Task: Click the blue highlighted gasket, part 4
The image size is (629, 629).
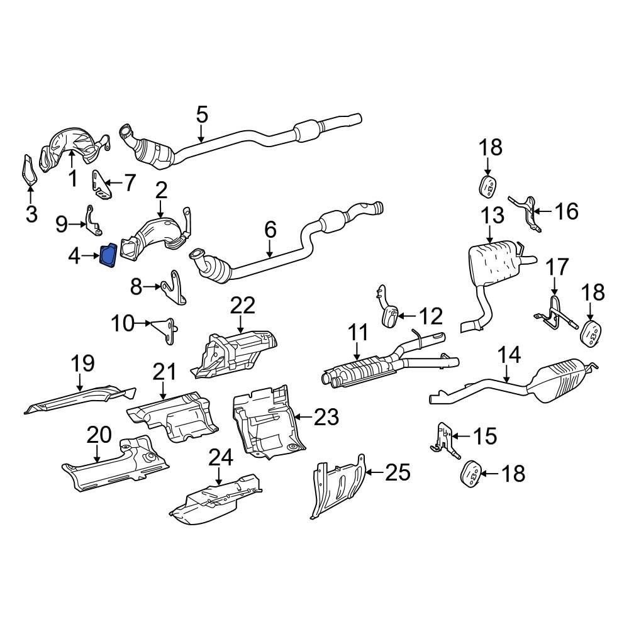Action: click(108, 257)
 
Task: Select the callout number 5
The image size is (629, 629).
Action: click(201, 114)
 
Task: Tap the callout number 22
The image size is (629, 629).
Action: click(243, 306)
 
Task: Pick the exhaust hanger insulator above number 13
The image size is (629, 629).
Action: click(487, 187)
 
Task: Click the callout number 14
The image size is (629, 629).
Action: click(509, 355)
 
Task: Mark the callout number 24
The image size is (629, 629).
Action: click(220, 457)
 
